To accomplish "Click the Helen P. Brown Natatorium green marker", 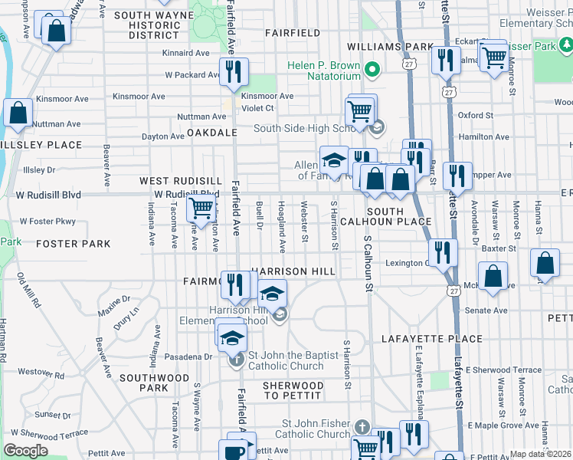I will point(372,71).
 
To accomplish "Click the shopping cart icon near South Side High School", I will point(359,111).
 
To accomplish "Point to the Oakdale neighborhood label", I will point(211,133).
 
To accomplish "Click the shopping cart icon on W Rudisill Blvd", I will point(201,207).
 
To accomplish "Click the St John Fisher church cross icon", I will point(362,426).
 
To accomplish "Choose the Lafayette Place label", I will point(433,339).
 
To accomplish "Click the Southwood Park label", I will point(143,383).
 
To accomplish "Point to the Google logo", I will point(25,451).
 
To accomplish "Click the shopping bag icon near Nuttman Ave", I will point(18,113).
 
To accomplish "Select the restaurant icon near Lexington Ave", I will point(442,251).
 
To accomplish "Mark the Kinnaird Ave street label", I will point(186,54).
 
